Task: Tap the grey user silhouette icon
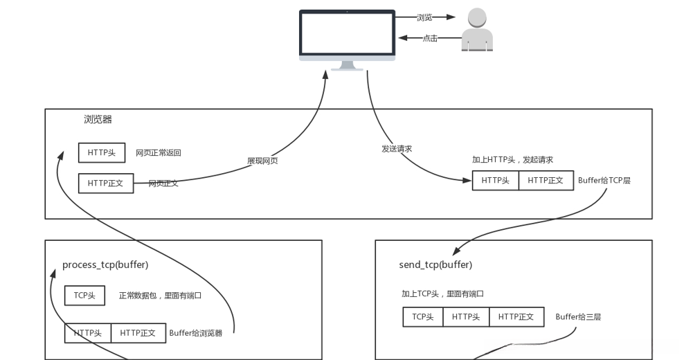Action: (477, 29)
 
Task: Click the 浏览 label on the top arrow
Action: (425, 17)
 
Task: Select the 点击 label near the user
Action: (430, 39)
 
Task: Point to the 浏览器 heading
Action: (98, 119)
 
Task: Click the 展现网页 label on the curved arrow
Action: (263, 161)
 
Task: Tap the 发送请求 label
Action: (397, 148)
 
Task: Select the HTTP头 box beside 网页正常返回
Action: (102, 152)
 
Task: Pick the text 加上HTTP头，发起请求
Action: (512, 160)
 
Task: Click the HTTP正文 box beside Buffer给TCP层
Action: (546, 181)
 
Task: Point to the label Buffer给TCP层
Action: (604, 181)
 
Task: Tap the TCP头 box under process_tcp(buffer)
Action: (84, 296)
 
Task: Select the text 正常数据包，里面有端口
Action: (160, 296)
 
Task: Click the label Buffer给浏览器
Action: (196, 333)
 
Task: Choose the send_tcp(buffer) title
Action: (435, 265)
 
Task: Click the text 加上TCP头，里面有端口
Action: (442, 294)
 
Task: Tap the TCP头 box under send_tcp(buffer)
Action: (423, 317)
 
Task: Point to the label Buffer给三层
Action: (578, 317)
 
